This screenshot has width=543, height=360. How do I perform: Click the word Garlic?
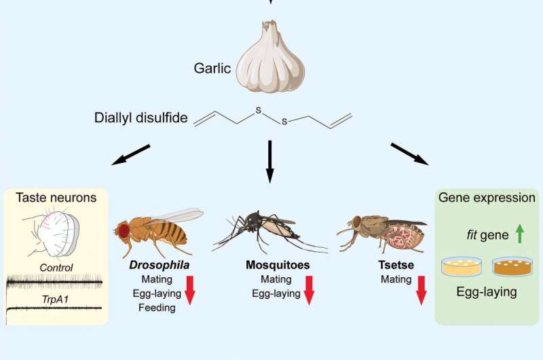(x=212, y=68)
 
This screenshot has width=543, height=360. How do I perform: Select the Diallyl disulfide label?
(x=141, y=118)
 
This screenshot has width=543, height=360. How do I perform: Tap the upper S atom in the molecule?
(x=258, y=111)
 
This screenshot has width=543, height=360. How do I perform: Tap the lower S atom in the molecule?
(x=284, y=122)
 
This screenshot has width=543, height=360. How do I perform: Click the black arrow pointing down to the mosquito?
(x=269, y=162)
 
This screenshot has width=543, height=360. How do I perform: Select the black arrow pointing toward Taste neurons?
(x=131, y=155)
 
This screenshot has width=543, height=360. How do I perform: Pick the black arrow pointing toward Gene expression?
(x=410, y=154)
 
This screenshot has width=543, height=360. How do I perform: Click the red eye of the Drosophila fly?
(x=124, y=231)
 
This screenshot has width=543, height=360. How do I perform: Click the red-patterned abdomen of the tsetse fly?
(x=402, y=236)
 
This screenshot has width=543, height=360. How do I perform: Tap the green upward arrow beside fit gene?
(x=519, y=234)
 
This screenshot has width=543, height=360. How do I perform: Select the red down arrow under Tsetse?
(x=421, y=290)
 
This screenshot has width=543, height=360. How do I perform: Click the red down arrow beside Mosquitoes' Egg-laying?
(x=309, y=290)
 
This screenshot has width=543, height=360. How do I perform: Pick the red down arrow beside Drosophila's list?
(x=190, y=290)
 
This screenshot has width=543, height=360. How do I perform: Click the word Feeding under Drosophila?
(x=157, y=308)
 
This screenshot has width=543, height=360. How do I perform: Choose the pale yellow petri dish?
(x=462, y=266)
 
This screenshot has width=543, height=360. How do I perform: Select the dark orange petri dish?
(x=512, y=266)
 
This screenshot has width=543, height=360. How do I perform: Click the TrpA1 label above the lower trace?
(x=55, y=299)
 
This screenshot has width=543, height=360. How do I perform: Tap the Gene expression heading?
(x=487, y=198)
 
